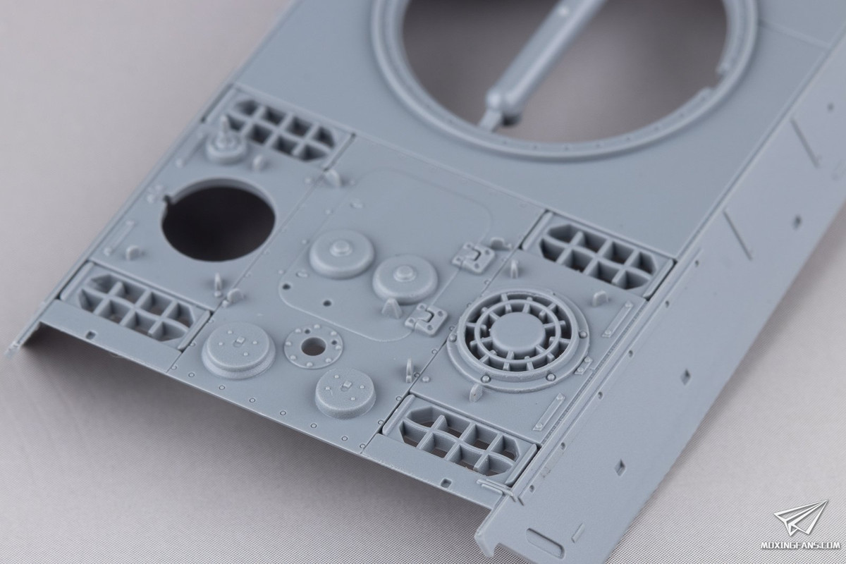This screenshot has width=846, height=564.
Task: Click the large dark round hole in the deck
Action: click(218, 220)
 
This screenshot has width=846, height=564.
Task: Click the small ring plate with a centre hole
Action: click(313, 347)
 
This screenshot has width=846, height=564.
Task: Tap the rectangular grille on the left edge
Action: click(135, 307)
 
